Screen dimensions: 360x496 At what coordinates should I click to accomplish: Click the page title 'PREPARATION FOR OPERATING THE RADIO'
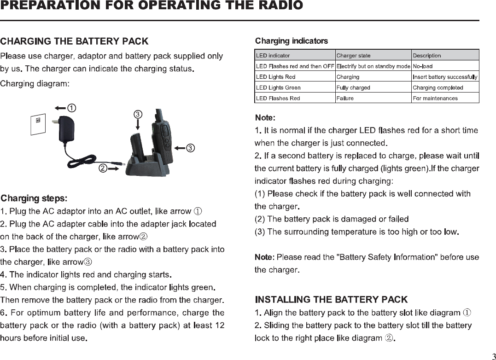click(x=152, y=6)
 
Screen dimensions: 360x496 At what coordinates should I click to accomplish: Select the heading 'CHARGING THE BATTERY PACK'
click(x=75, y=41)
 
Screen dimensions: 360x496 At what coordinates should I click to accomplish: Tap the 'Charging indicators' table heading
click(x=292, y=41)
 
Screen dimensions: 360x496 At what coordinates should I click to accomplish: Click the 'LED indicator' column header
click(x=273, y=56)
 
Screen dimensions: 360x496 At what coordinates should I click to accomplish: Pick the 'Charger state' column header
click(x=353, y=56)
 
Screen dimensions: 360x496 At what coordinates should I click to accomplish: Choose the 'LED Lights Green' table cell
click(x=278, y=87)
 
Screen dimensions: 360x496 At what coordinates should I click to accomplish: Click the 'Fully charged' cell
click(x=353, y=87)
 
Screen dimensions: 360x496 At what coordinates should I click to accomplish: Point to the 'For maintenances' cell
click(x=435, y=98)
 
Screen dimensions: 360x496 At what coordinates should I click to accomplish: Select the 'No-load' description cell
click(x=423, y=66)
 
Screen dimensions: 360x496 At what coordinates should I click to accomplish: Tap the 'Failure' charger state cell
click(x=345, y=98)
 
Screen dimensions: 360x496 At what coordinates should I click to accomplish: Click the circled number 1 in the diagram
click(x=71, y=108)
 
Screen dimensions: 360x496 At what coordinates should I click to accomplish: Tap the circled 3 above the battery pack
click(x=138, y=114)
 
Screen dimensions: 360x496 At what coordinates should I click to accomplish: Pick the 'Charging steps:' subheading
click(x=34, y=198)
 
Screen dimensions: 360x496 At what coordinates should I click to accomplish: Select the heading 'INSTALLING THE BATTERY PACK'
click(x=331, y=300)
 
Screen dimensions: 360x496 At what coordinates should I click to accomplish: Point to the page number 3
click(x=491, y=356)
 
